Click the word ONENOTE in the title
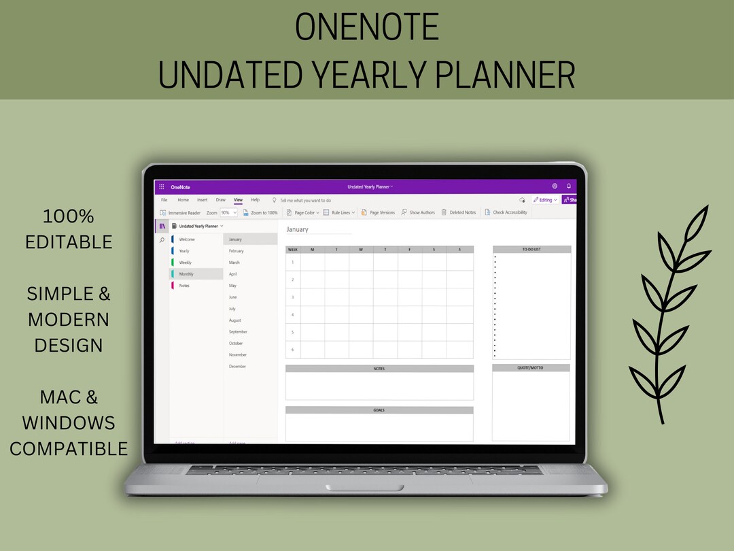pyautogui.click(x=367, y=27)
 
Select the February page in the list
pyautogui.click(x=237, y=251)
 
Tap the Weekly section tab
pyautogui.click(x=185, y=263)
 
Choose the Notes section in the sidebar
pyautogui.click(x=184, y=286)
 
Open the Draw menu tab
pyautogui.click(x=220, y=200)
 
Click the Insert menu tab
pyautogui.click(x=203, y=200)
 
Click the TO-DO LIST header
pyautogui.click(x=531, y=250)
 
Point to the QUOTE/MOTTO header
pyautogui.click(x=531, y=368)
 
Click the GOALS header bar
pyautogui.click(x=379, y=410)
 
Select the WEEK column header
pyautogui.click(x=293, y=250)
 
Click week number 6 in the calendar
pyautogui.click(x=293, y=350)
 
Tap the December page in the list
pyautogui.click(x=237, y=367)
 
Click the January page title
pyautogui.click(x=298, y=230)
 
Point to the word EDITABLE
pyautogui.click(x=69, y=241)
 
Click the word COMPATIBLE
pyautogui.click(x=69, y=449)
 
